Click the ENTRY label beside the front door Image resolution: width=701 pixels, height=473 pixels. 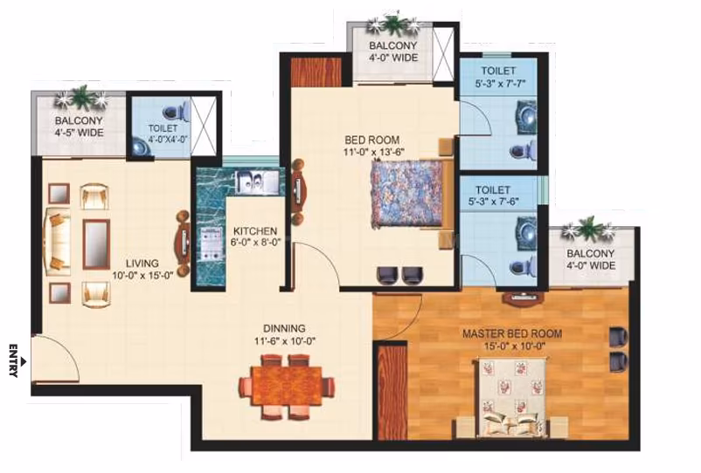(13, 360)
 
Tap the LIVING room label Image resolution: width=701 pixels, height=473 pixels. (142, 264)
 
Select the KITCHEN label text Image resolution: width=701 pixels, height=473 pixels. (255, 231)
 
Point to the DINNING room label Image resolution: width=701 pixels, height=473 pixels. (284, 328)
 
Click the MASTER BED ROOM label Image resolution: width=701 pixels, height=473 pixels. (512, 333)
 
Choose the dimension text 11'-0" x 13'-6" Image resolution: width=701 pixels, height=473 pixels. (374, 151)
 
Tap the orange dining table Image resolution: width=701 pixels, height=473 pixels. (287, 386)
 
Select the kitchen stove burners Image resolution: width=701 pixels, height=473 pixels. (212, 243)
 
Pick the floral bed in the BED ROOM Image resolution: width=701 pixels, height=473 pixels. (406, 195)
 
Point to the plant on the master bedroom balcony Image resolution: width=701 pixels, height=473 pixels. (587, 229)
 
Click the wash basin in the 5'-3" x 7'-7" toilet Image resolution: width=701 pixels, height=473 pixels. (526, 117)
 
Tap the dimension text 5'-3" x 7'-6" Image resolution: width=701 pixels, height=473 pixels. (493, 202)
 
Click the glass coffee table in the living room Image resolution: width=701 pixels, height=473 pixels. (96, 244)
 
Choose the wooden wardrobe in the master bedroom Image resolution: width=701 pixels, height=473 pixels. (392, 391)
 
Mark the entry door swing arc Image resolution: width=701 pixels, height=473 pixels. (68, 349)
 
